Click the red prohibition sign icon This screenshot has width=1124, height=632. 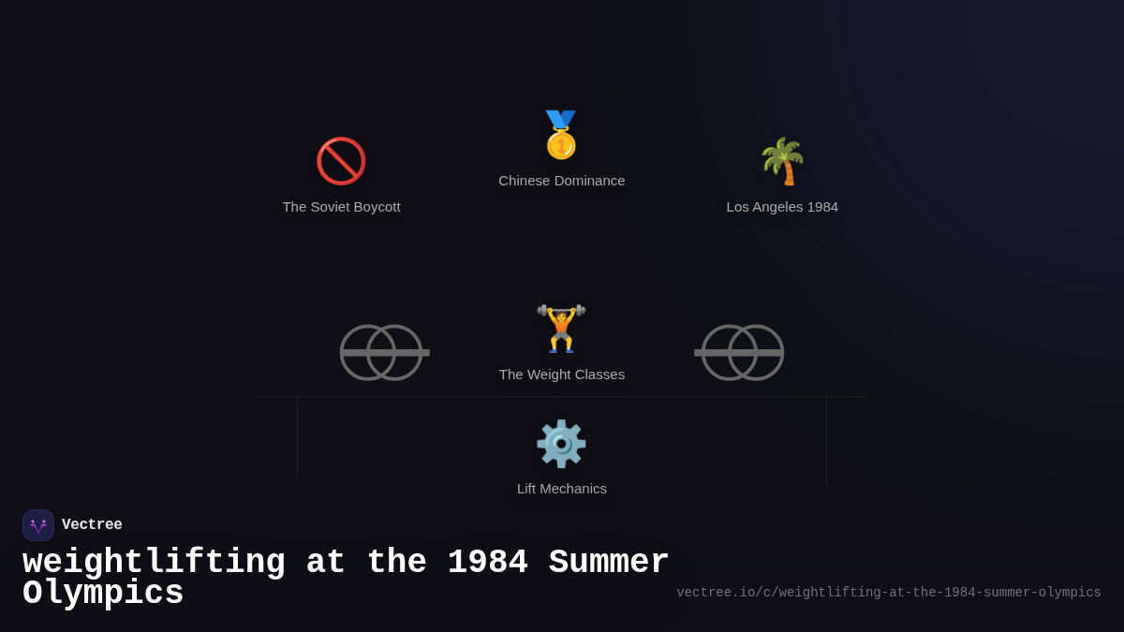[341, 161]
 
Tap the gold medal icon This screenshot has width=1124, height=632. [561, 136]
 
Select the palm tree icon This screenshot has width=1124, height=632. [782, 161]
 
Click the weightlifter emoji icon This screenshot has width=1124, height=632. [561, 329]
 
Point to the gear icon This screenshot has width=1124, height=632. [561, 444]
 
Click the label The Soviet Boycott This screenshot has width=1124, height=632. [341, 207]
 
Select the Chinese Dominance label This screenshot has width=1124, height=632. [561, 181]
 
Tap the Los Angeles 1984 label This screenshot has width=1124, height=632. [782, 207]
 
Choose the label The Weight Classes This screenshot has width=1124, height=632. [561, 375]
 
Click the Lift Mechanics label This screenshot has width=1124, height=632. [561, 489]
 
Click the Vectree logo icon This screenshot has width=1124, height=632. [38, 525]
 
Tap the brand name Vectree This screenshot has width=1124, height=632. [92, 525]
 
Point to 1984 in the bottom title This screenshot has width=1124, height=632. [487, 563]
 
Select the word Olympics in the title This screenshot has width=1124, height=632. [103, 594]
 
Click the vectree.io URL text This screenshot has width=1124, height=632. [888, 593]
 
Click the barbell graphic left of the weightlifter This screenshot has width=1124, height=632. [383, 353]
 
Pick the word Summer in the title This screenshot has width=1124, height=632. [609, 563]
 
